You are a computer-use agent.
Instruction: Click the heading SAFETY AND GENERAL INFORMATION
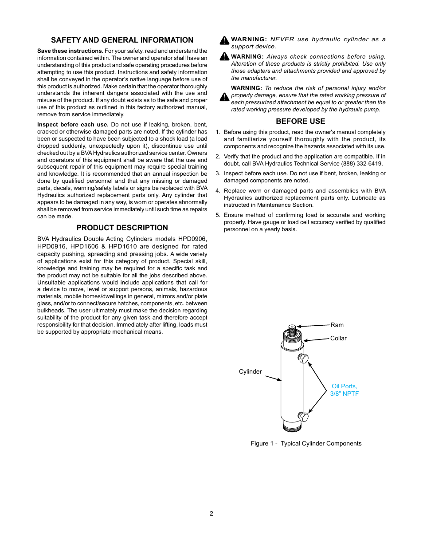122,40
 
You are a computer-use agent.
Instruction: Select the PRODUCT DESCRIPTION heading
122,228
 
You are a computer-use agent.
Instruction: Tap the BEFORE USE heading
300,121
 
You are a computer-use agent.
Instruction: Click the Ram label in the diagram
337,325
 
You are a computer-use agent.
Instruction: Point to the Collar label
338,338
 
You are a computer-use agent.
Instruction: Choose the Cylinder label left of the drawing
250,371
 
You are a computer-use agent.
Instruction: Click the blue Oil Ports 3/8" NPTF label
345,390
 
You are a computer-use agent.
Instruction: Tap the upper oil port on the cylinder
303,358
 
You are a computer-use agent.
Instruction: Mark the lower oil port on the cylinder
303,417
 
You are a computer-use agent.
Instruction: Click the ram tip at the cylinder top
292,327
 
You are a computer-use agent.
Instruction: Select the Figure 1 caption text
306,443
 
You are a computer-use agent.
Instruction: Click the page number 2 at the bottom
211,513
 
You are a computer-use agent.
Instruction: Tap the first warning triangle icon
224,40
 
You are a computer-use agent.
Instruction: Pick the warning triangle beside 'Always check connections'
224,56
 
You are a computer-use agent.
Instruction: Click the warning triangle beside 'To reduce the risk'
224,97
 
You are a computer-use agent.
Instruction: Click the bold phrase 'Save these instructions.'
70,51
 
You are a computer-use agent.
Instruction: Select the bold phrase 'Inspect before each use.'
73,125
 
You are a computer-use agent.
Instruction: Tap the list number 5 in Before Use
218,215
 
